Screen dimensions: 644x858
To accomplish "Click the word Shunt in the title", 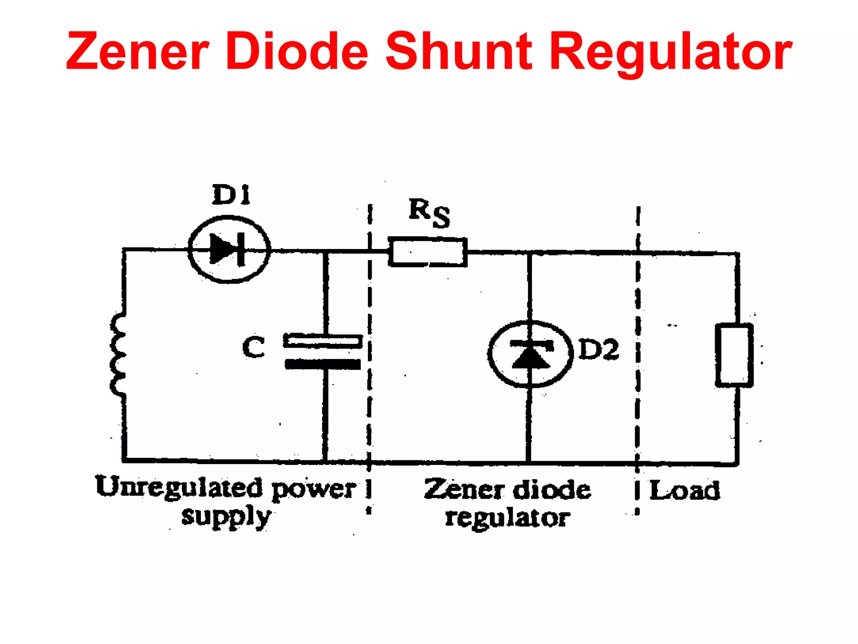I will tap(458, 52).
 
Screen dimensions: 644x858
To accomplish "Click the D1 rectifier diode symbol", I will tap(229, 249).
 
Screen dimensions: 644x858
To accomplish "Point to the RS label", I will tap(429, 213).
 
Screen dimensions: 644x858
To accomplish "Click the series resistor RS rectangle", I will tap(427, 252).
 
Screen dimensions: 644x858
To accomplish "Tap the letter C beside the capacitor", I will tap(254, 347).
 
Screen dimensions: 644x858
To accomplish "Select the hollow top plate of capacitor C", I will tap(323, 341).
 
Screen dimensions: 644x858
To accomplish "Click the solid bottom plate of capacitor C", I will tap(323, 364).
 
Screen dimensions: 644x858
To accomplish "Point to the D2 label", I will tap(598, 349).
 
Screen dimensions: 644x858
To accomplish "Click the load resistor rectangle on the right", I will tap(734, 355).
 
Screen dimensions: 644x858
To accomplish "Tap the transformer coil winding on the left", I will tap(118, 354).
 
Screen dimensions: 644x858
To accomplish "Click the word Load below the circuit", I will tap(685, 490).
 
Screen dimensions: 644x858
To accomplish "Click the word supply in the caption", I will tap(226, 517).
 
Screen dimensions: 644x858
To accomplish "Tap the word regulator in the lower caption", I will tap(507, 518).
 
